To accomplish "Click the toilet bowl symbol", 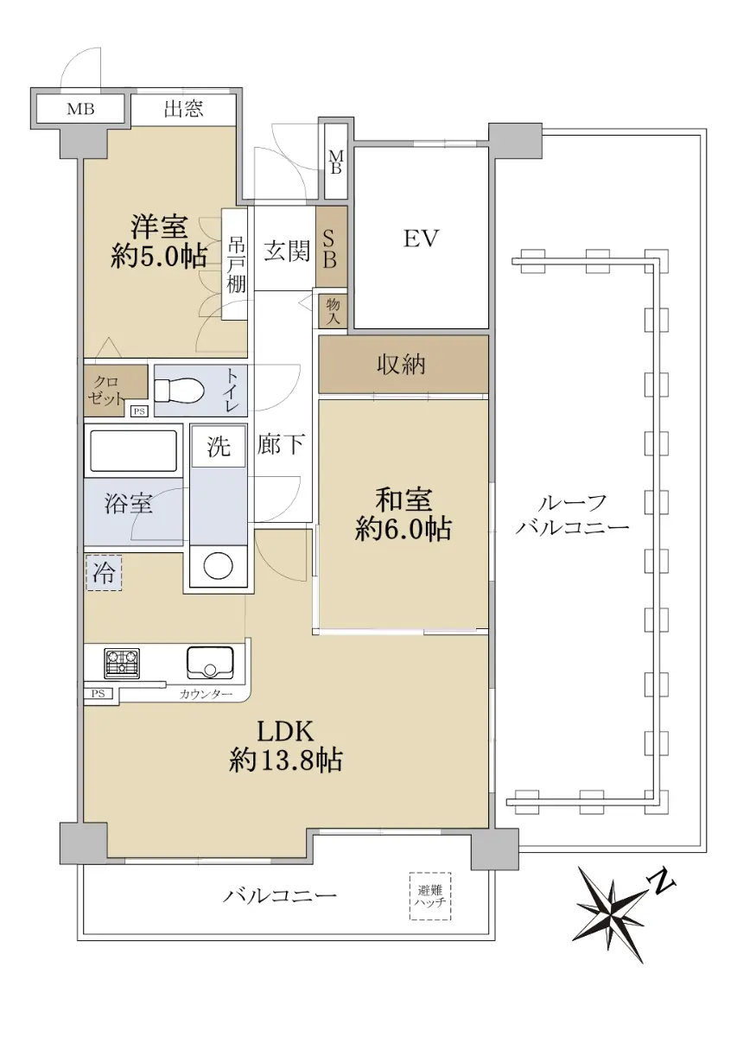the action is pyautogui.click(x=179, y=391).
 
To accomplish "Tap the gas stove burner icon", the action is pyautogui.click(x=122, y=662).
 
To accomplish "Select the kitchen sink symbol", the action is pyautogui.click(x=210, y=662).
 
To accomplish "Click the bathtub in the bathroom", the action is pyautogui.click(x=133, y=450).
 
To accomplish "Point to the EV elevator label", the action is pyautogui.click(x=421, y=239).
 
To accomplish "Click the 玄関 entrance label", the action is pyautogui.click(x=287, y=251).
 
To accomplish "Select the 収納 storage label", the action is pyautogui.click(x=401, y=366).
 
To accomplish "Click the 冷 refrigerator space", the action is pyautogui.click(x=104, y=573).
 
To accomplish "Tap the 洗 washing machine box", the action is pyautogui.click(x=218, y=447).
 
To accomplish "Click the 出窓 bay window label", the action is pyautogui.click(x=183, y=109).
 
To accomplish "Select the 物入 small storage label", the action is pyautogui.click(x=333, y=311).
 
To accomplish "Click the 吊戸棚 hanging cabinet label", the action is pyautogui.click(x=236, y=265).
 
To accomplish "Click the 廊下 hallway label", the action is pyautogui.click(x=281, y=445).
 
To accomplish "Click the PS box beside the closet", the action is pyautogui.click(x=139, y=410).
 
